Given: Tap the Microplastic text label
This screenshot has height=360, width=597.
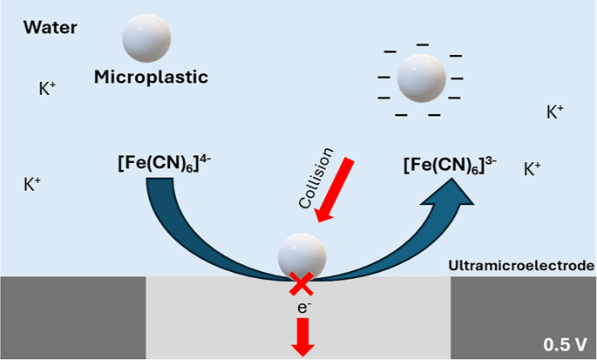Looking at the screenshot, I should (152, 77).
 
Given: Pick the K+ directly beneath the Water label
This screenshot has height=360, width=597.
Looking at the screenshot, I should (48, 89).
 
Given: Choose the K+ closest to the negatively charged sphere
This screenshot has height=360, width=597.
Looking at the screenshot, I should (554, 112).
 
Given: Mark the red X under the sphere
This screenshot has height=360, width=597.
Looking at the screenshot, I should (302, 282).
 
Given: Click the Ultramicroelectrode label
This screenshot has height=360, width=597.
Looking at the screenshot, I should (519, 264).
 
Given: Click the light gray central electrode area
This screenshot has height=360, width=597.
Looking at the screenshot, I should (218, 318).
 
